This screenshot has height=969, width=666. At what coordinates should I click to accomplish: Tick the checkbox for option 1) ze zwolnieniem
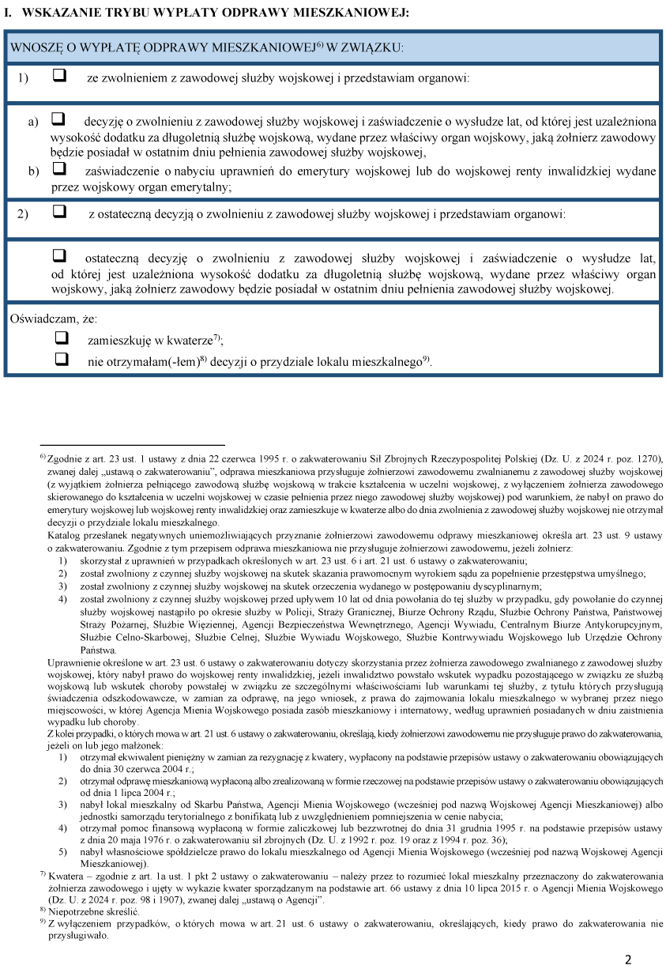[58, 77]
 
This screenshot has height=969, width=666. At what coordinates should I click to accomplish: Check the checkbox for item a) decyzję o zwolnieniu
[58, 120]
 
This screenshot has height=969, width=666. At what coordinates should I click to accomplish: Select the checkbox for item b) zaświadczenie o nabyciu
[58, 169]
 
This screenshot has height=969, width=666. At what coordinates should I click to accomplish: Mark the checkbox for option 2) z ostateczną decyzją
[58, 212]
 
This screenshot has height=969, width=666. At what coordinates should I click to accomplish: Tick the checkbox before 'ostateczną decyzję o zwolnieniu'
[58, 257]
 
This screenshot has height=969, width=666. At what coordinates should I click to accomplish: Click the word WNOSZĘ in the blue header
[35, 47]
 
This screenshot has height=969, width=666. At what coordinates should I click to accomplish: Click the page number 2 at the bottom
[628, 960]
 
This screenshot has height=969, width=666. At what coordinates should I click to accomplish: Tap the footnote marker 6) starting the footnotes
[43, 457]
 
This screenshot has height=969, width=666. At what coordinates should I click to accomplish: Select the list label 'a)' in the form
[33, 122]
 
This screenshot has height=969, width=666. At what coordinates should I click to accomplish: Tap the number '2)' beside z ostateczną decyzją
[22, 213]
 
